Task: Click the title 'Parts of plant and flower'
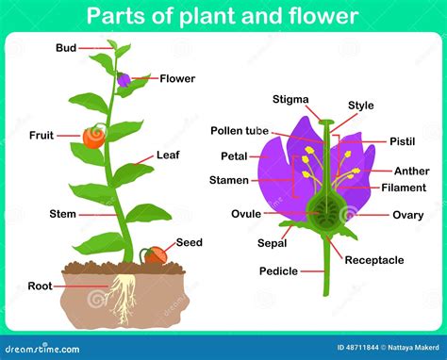[223, 16]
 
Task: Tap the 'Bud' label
[66, 47]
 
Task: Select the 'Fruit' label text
[41, 135]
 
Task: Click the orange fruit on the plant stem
[92, 138]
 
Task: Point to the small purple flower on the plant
[124, 79]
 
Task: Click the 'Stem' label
[62, 214]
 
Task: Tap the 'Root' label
[40, 286]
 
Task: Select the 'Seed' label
[189, 242]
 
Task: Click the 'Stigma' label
[290, 98]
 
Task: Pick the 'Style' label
[360, 106]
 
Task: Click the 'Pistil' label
[401, 140]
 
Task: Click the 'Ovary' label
[407, 215]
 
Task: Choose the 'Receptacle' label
[373, 259]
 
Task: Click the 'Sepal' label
[273, 242]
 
